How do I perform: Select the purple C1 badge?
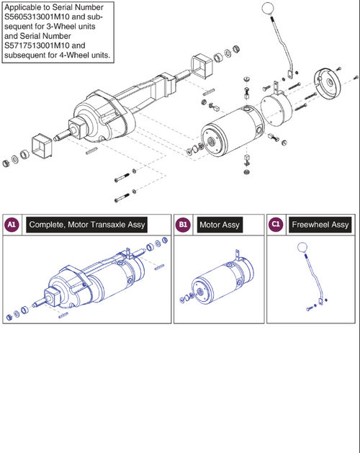pos(276,225)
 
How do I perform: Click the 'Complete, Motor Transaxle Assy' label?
pos(87,225)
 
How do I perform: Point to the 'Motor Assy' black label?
pos(220,225)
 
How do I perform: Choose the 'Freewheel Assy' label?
pos(320,225)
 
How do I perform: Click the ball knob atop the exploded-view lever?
pos(268,9)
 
